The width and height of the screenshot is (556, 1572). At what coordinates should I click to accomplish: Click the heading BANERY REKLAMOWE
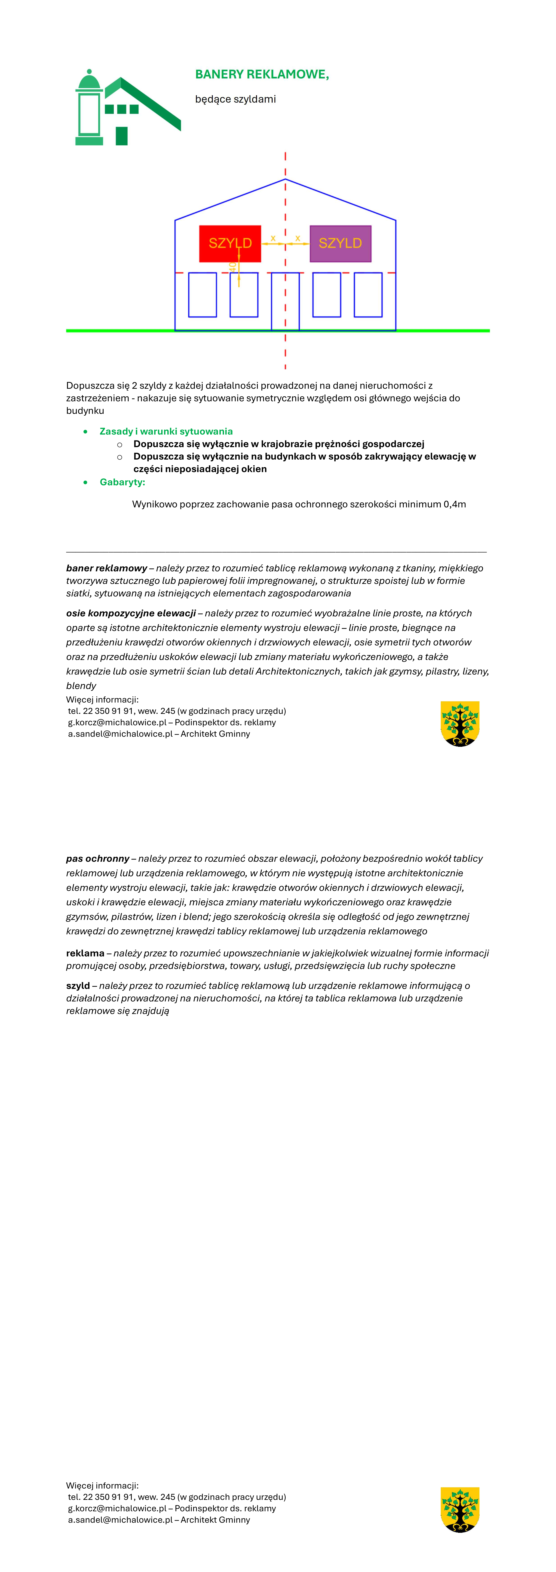pyautogui.click(x=262, y=74)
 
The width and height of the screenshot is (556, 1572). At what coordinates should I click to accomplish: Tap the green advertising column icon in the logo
pyautogui.click(x=89, y=110)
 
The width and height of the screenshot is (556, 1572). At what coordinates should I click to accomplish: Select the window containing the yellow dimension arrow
pyautogui.click(x=243, y=295)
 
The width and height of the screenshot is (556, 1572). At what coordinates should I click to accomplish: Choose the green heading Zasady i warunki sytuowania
pyautogui.click(x=166, y=432)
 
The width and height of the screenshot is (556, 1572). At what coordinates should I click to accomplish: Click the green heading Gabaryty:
pyautogui.click(x=122, y=482)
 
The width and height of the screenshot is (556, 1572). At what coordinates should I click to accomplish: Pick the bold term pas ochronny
pyautogui.click(x=98, y=859)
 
